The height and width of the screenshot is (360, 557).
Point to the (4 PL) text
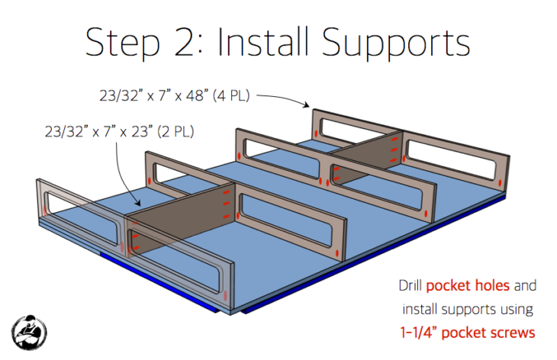pyautogui.click(x=231, y=96)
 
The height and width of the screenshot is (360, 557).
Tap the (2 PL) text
pyautogui.click(x=175, y=132)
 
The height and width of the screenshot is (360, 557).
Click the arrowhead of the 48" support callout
pyautogui.click(x=307, y=104)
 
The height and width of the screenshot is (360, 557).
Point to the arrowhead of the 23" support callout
pyautogui.click(x=138, y=204)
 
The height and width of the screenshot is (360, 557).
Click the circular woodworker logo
pyautogui.click(x=29, y=333)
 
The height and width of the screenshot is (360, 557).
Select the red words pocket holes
pyautogui.click(x=468, y=285)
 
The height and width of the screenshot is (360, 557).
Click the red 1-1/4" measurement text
pyautogui.click(x=418, y=333)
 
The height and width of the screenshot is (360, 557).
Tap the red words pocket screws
pyautogui.click(x=488, y=333)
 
